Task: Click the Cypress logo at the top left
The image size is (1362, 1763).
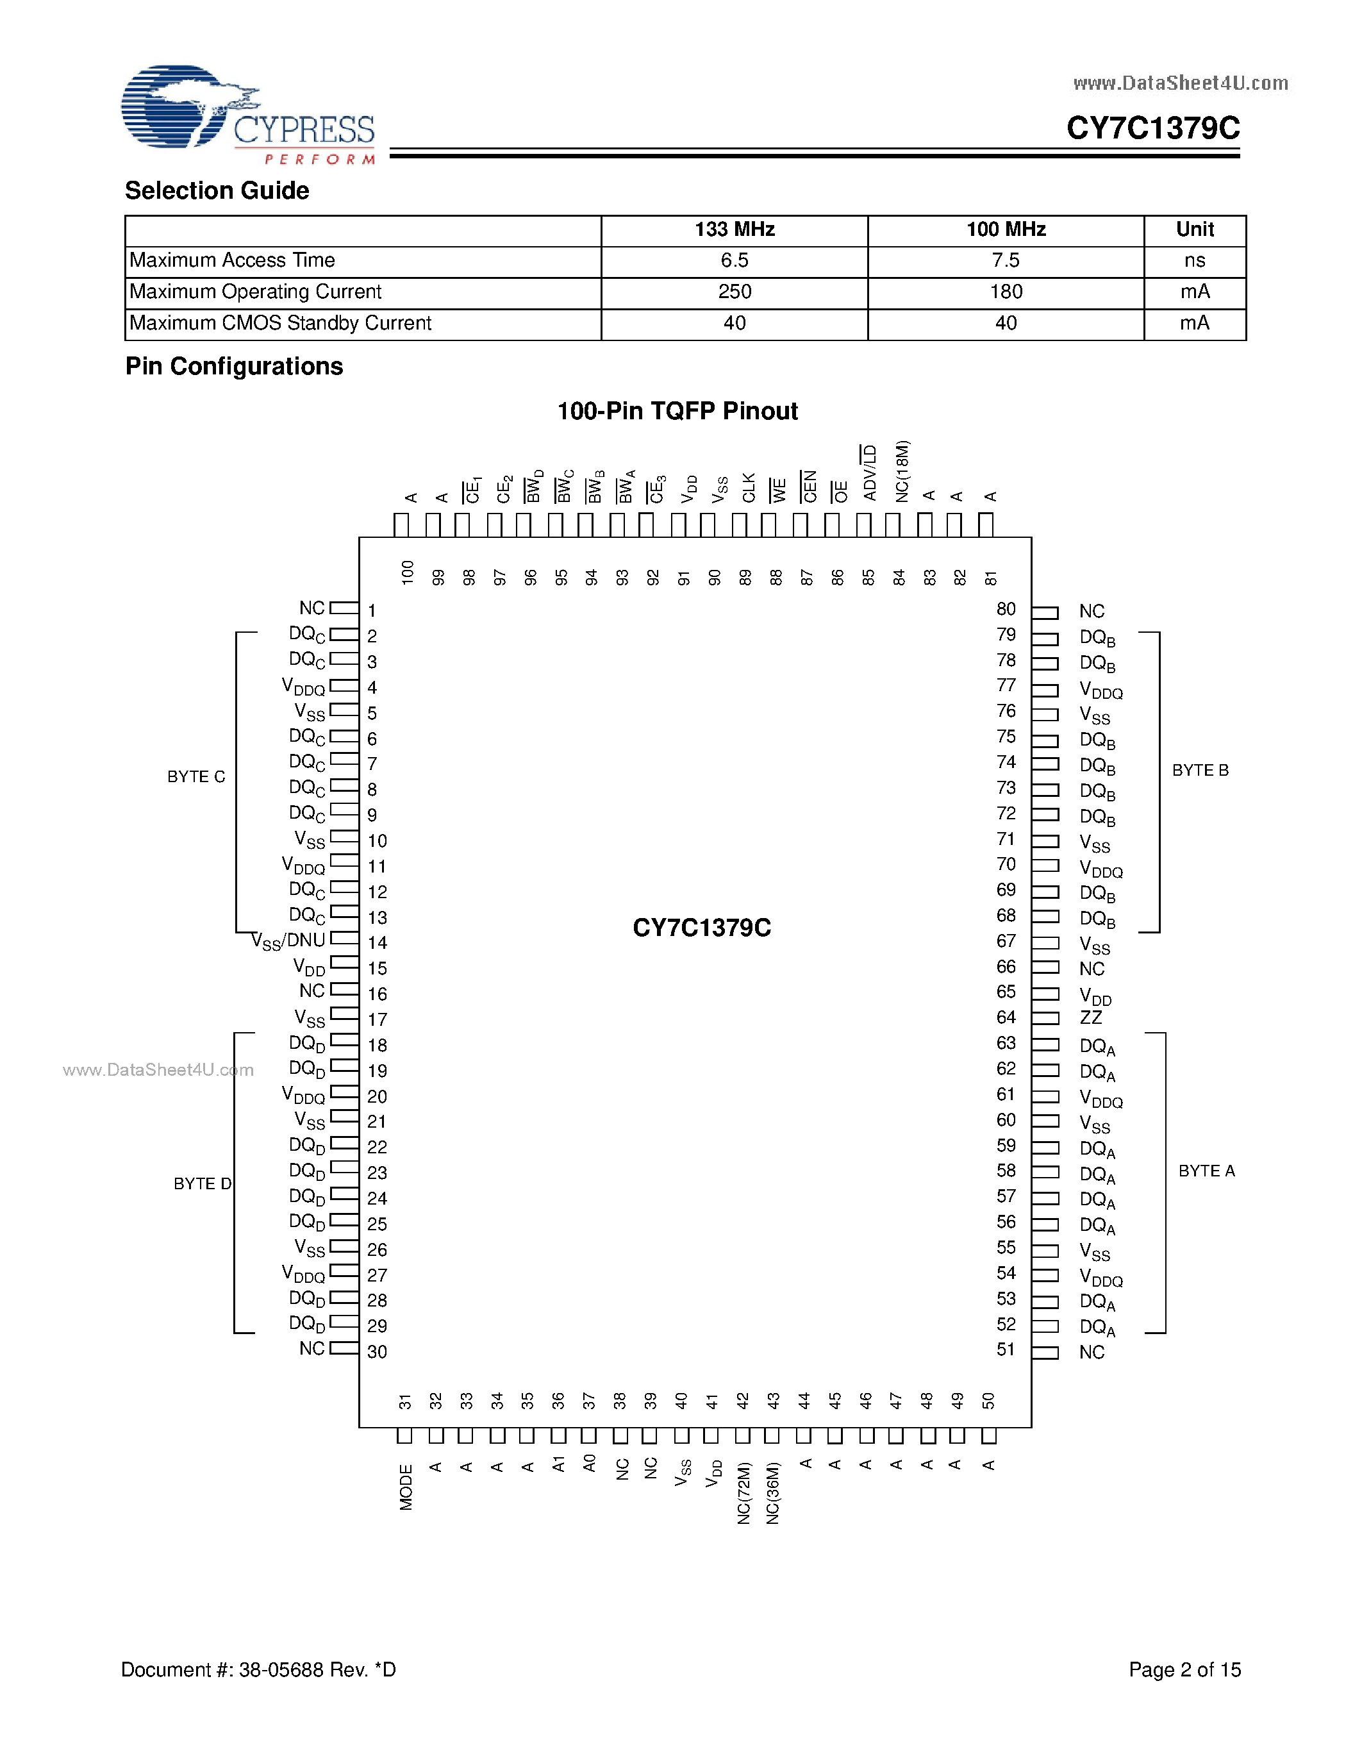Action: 247,115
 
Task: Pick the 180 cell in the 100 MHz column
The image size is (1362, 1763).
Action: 1006,292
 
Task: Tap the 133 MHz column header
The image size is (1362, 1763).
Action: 735,230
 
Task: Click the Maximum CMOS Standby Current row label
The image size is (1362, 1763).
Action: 281,324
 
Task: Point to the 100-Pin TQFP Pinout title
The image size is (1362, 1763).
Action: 677,412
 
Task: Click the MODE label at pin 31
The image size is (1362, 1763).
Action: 406,1487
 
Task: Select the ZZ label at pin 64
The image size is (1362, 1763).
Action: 1091,1018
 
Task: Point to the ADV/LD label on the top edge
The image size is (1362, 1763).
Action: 869,473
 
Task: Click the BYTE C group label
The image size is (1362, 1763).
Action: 196,776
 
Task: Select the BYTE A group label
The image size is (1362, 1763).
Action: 1206,1171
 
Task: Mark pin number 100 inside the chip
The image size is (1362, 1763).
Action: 408,572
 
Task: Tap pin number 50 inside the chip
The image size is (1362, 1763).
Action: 988,1401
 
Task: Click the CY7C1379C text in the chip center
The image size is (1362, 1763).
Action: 701,928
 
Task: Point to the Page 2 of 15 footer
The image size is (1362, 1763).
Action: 1184,1669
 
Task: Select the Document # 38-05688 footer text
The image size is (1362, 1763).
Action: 258,1669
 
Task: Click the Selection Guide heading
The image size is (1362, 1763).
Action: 217,191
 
